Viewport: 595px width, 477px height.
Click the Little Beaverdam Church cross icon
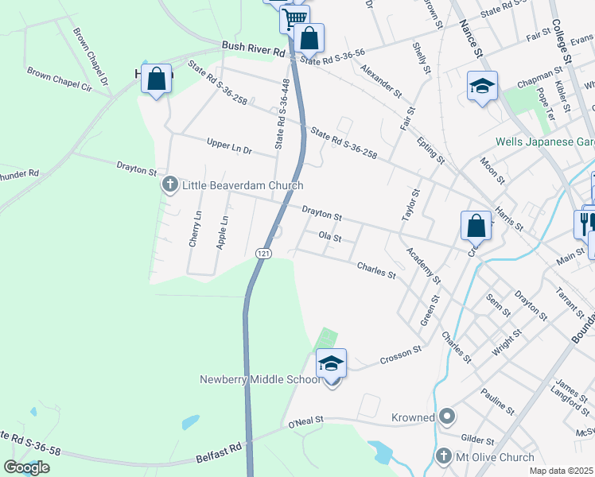pos(169,185)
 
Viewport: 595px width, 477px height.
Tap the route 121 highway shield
pos(263,253)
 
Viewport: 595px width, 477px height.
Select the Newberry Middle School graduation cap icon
pos(332,364)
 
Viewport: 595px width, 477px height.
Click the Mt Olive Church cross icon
pos(445,457)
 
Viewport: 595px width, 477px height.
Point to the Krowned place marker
pos(447,417)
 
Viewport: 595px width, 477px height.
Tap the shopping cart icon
pos(294,17)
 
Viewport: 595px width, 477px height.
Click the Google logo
pos(26,467)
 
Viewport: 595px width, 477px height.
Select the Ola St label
pos(329,237)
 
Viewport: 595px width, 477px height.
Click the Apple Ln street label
pos(224,232)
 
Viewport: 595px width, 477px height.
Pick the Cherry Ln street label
pos(195,230)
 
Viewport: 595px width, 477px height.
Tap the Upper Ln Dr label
pos(228,149)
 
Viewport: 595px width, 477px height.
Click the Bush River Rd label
pos(253,49)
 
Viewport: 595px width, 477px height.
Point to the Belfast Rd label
pos(218,460)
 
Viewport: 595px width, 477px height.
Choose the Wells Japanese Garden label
pos(544,142)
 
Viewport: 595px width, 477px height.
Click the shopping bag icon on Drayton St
pos(476,225)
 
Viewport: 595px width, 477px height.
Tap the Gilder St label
pos(478,439)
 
